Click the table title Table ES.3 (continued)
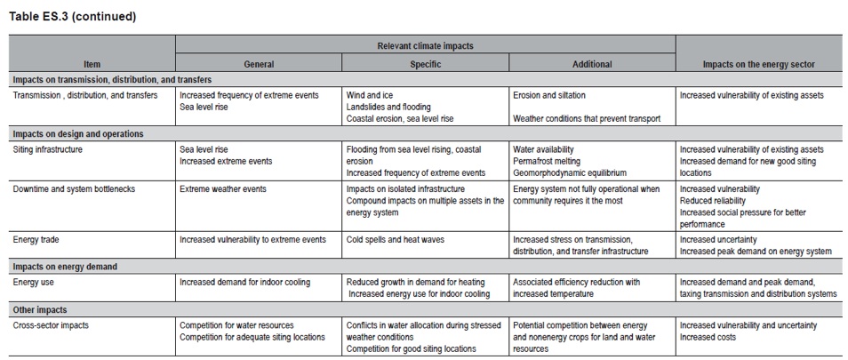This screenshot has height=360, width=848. click(x=61, y=16)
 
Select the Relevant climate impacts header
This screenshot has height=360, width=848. click(x=425, y=44)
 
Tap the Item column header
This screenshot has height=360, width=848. click(x=92, y=64)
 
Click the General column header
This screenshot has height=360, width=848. click(x=259, y=64)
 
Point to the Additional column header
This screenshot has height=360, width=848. click(x=591, y=64)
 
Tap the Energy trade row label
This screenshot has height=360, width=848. click(x=38, y=239)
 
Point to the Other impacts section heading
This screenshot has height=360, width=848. click(x=43, y=309)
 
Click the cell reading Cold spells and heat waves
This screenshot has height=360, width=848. click(x=396, y=239)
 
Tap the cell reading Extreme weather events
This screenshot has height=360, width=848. click(x=223, y=189)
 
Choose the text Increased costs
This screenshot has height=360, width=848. click(x=708, y=337)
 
